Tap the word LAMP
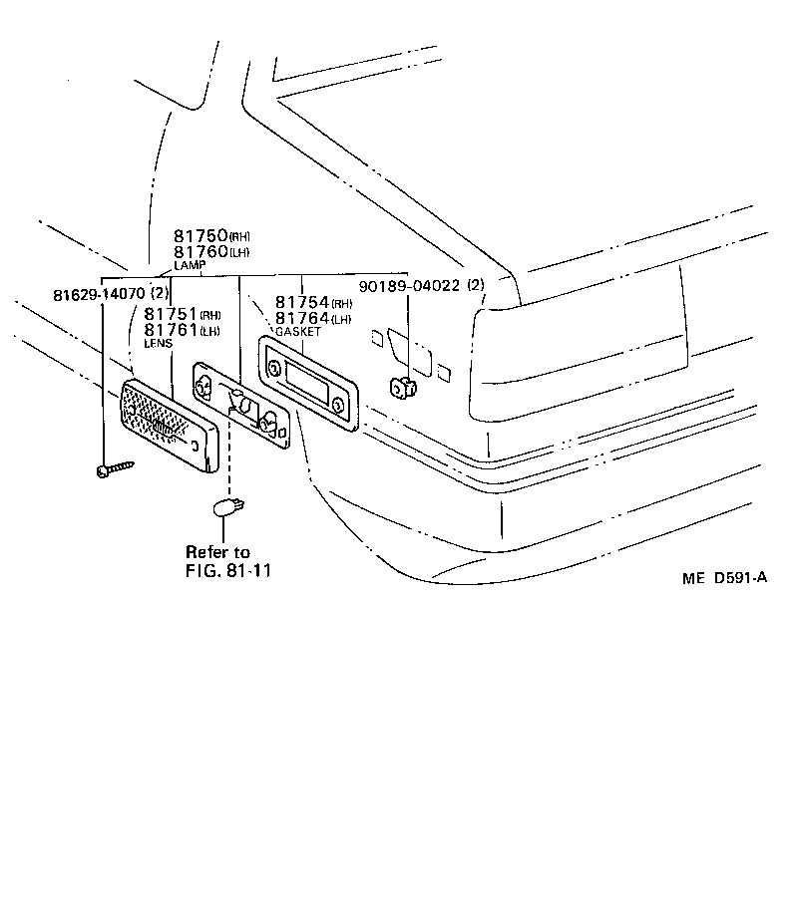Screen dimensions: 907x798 point(189,265)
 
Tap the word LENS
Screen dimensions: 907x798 point(158,343)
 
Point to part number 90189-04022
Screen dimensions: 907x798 point(419,286)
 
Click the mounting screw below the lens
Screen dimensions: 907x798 point(113,467)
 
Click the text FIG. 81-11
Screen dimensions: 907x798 point(228,571)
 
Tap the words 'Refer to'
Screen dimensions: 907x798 point(217,552)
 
